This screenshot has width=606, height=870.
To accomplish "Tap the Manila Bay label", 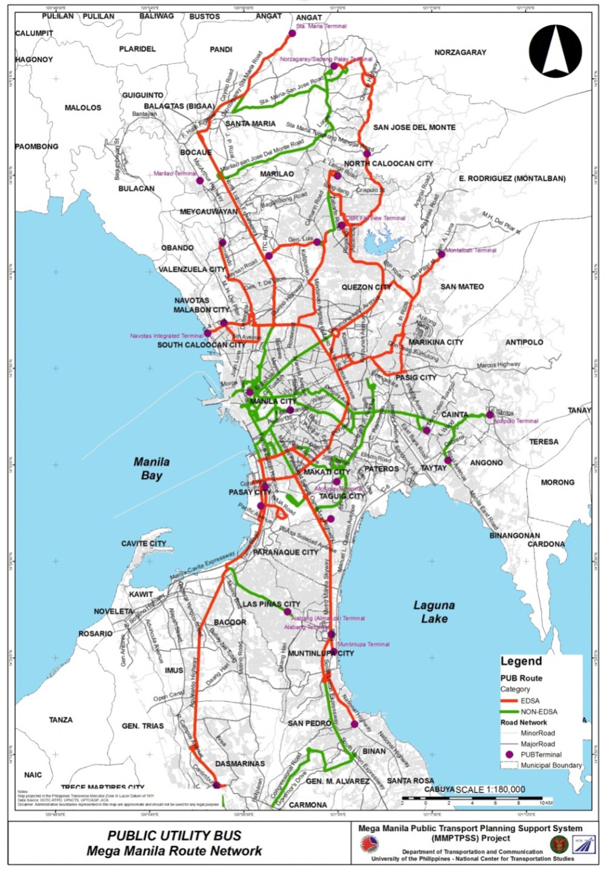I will pyautogui.click(x=151, y=469).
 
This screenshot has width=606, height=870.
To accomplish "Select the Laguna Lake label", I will pyautogui.click(x=434, y=612).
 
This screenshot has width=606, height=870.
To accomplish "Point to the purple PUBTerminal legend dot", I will pyautogui.click(x=509, y=754).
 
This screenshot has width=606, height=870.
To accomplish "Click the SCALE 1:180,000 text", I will pyautogui.click(x=490, y=789).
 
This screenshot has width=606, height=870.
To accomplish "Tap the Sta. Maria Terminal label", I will pyautogui.click(x=322, y=26).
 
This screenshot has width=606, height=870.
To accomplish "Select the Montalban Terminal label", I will pyautogui.click(x=471, y=250).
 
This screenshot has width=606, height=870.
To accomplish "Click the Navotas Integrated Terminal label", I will pyautogui.click(x=167, y=335).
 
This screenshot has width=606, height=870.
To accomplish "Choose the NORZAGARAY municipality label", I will pyautogui.click(x=460, y=53).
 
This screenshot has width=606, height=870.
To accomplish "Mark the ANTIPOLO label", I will pyautogui.click(x=524, y=343).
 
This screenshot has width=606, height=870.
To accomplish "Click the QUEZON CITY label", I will pyautogui.click(x=366, y=287).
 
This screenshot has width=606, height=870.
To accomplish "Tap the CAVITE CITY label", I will pyautogui.click(x=144, y=544).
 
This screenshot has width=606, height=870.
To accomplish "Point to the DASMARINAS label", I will pyautogui.click(x=240, y=763).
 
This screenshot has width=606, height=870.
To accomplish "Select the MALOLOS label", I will pyautogui.click(x=83, y=108).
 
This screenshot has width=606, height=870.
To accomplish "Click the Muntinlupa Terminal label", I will pyautogui.click(x=364, y=644).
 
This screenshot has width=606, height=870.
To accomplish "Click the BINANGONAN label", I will pyautogui.click(x=514, y=536).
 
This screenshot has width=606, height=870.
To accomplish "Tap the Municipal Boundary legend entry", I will pyautogui.click(x=551, y=765).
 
